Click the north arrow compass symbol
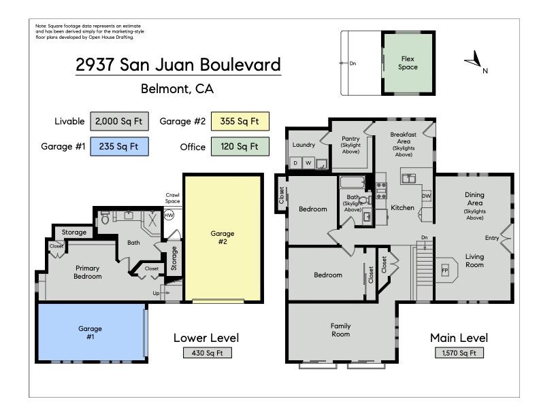(x=474, y=63)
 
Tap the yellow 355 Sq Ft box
(x=240, y=122)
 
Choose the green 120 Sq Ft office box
(x=240, y=145)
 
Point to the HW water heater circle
(x=169, y=215)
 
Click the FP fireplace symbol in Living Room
(x=446, y=270)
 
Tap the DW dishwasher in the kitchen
(x=426, y=196)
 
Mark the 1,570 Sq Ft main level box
(x=459, y=353)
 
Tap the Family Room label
(x=340, y=330)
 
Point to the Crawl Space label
(x=173, y=198)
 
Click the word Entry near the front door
(x=491, y=238)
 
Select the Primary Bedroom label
(x=88, y=272)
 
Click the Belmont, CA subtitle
(x=177, y=88)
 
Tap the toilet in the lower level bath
(x=105, y=219)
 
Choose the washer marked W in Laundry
(x=308, y=163)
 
